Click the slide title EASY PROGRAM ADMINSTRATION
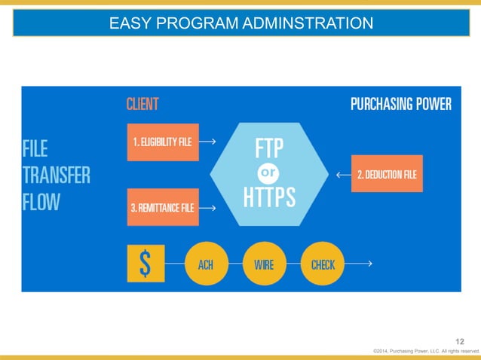pos(240,24)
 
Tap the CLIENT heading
pos(142,104)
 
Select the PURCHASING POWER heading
pos(401,104)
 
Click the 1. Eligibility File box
pos(163,142)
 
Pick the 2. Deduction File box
pos(387,174)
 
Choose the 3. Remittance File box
pos(163,207)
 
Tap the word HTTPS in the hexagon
pos(269,198)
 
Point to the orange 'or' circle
pos(268,173)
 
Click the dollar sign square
pos(146,264)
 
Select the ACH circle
pos(205,264)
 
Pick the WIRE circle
pos(264,264)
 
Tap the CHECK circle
pos(323,264)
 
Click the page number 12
pos(460,343)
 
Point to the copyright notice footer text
pos(426,352)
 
